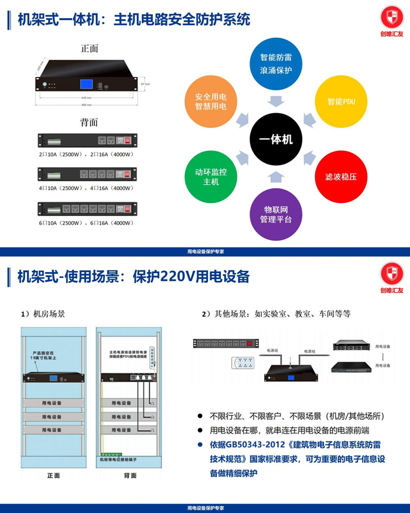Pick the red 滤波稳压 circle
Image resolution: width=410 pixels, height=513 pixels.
click(x=341, y=176)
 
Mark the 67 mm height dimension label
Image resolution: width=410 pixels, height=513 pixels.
click(x=146, y=84)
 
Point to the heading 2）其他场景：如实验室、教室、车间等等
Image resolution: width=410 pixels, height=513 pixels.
click(x=276, y=314)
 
